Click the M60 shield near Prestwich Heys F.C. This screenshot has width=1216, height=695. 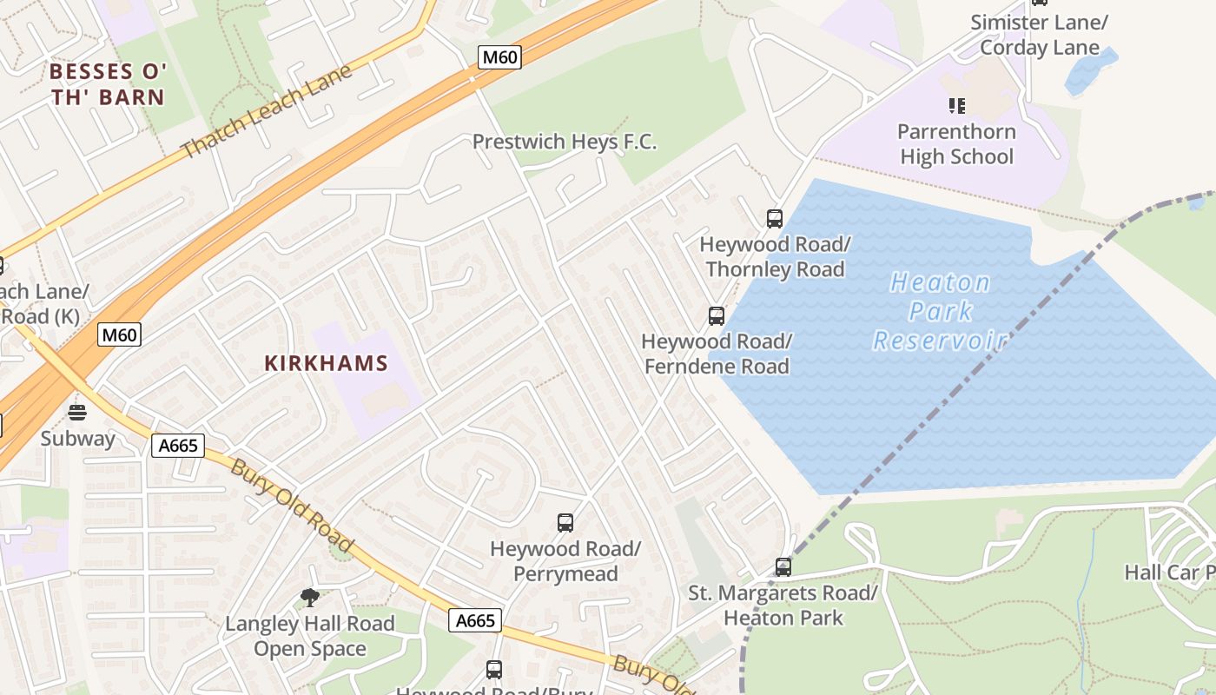pyautogui.click(x=499, y=58)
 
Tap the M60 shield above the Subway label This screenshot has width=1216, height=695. pyautogui.click(x=119, y=334)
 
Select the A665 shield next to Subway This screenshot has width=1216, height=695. pyautogui.click(x=178, y=447)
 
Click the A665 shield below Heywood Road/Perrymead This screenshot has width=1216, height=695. pyautogui.click(x=476, y=620)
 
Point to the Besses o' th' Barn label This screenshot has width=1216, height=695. pyautogui.click(x=109, y=84)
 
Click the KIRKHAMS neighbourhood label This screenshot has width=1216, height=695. pyautogui.click(x=326, y=363)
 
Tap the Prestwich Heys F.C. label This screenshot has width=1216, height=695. pyautogui.click(x=565, y=142)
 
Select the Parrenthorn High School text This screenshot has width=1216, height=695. pyautogui.click(x=956, y=144)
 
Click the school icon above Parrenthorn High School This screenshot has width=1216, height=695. pyautogui.click(x=956, y=106)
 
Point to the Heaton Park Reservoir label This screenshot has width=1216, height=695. pyautogui.click(x=940, y=311)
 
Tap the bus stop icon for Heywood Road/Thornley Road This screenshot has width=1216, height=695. pyautogui.click(x=775, y=219)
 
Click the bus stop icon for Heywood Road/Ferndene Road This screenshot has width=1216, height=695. pyautogui.click(x=717, y=316)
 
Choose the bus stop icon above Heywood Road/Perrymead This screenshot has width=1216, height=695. pyautogui.click(x=565, y=523)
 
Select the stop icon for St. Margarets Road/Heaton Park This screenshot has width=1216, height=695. pyautogui.click(x=783, y=567)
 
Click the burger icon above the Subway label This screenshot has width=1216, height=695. pyautogui.click(x=77, y=412)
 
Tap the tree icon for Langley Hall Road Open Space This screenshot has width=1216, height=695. pyautogui.click(x=309, y=597)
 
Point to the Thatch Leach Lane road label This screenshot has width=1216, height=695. pyautogui.click(x=268, y=110)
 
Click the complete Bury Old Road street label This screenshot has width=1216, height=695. pyautogui.click(x=292, y=505)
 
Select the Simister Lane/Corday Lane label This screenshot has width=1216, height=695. pyautogui.click(x=1040, y=35)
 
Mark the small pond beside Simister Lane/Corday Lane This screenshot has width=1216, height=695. pyautogui.click(x=1089, y=70)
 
